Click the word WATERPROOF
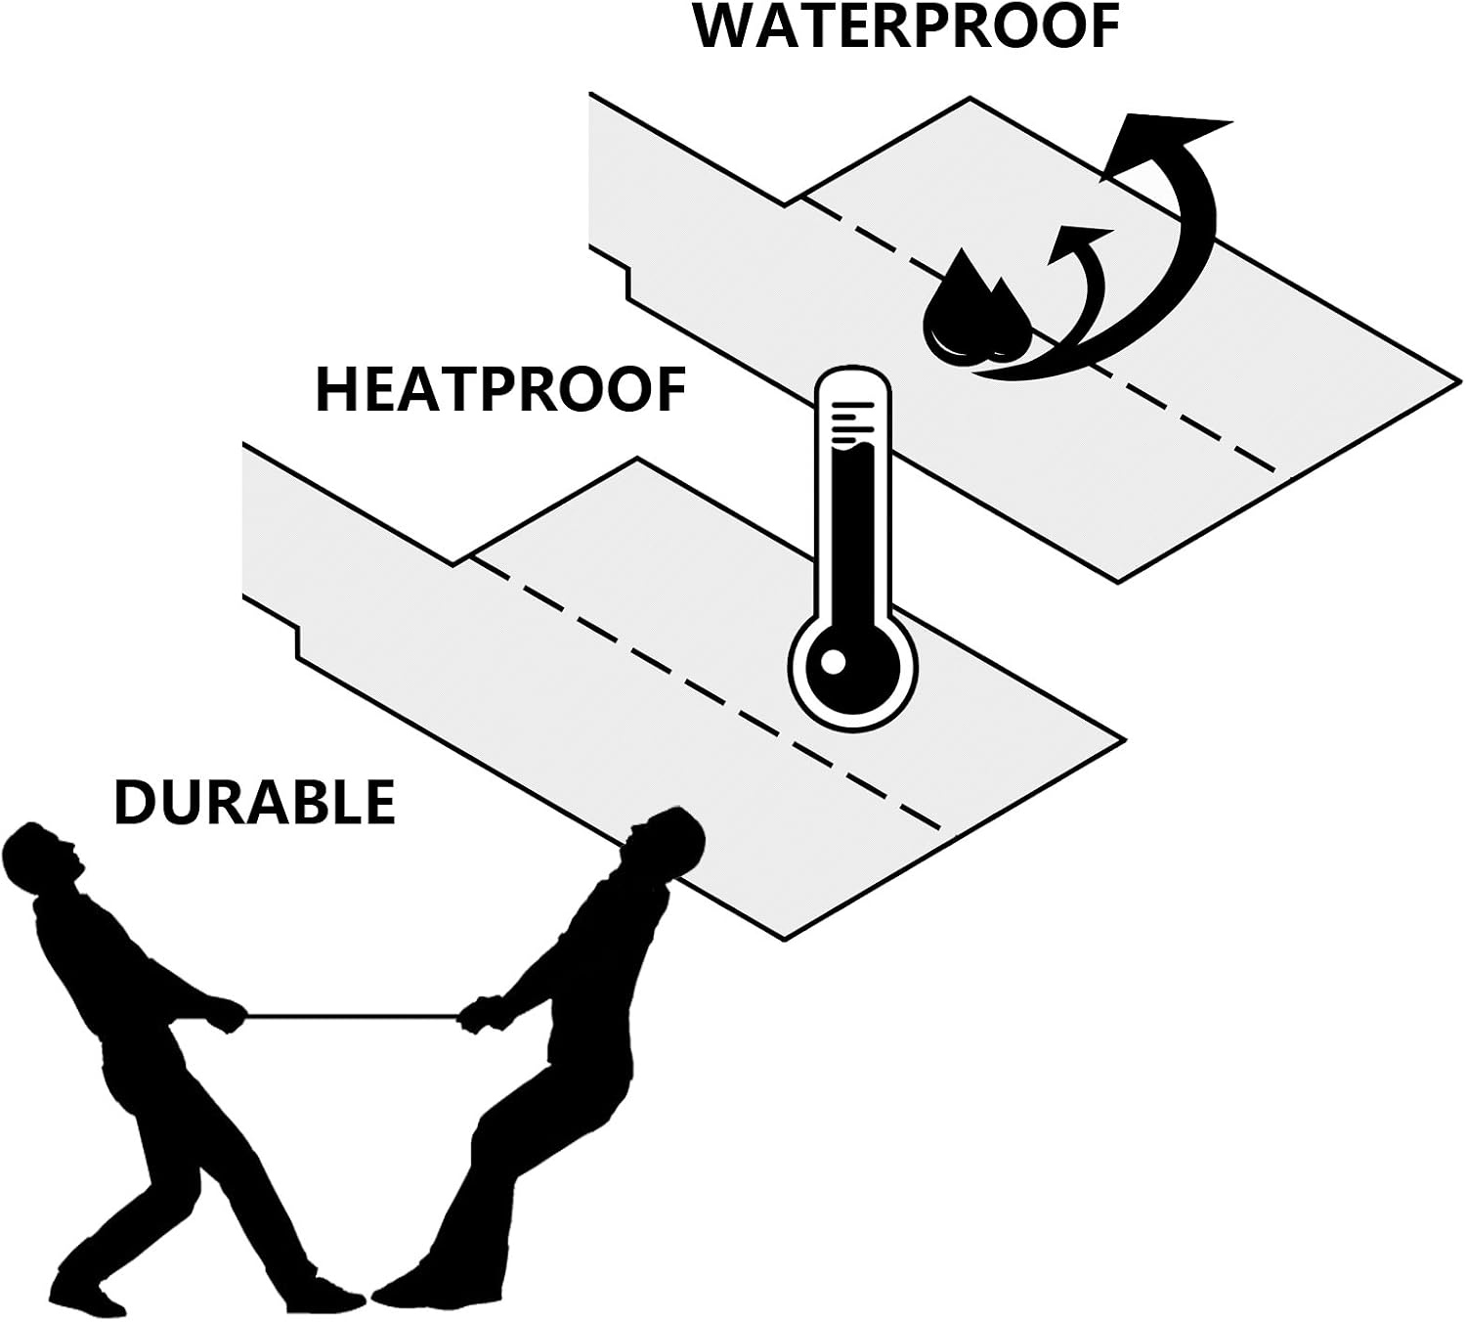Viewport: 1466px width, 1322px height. click(x=906, y=27)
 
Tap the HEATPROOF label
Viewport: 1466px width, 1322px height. click(x=500, y=390)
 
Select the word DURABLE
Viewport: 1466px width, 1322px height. click(x=254, y=802)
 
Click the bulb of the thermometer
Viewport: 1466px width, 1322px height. click(x=853, y=662)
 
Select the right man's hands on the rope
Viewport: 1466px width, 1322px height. click(x=478, y=1013)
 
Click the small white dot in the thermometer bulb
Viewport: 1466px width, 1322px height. click(x=832, y=662)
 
